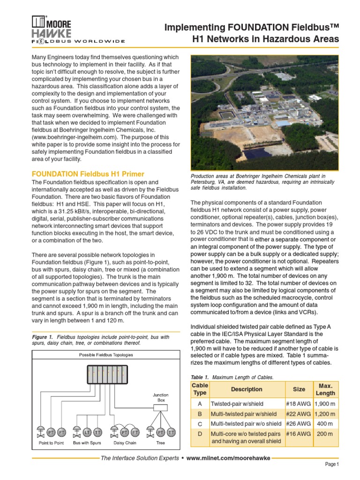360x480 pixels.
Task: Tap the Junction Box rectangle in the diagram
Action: click(160, 408)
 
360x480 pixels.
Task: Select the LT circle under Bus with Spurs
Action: click(88, 432)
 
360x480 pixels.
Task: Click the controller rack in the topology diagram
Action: click(103, 374)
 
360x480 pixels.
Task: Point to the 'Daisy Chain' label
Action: click(125, 442)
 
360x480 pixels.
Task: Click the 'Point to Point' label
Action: click(51, 442)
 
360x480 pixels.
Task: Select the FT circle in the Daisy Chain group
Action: click(135, 432)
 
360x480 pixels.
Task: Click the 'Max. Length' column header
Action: click(325, 389)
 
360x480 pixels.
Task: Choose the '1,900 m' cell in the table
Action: click(325, 404)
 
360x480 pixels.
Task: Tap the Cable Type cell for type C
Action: click(200, 424)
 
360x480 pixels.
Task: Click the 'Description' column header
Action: click(247, 389)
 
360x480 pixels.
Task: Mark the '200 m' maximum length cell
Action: click(325, 434)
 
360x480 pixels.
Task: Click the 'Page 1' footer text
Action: click(332, 464)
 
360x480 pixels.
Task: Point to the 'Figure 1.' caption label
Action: click(43, 337)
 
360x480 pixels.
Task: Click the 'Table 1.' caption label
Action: click(200, 377)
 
